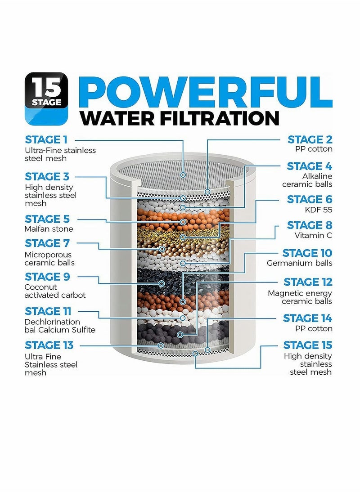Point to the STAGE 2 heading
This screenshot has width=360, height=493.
coord(310,139)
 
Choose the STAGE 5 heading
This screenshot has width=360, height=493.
coord(47,219)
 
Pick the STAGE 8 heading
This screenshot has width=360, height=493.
coord(310,225)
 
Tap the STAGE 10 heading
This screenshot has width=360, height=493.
coord(307,253)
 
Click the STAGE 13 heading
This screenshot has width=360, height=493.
coord(49,345)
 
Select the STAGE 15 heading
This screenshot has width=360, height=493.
coord(308,345)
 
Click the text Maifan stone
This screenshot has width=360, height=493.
coord(49,229)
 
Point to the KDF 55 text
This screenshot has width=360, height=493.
coord(319,209)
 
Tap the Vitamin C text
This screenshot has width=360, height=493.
coord(313,235)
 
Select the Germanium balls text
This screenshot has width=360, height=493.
coord(300,263)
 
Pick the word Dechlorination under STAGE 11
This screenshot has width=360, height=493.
coord(52,322)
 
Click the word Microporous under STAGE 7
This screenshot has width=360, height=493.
coord(48,255)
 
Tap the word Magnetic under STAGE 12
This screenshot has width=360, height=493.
coord(284,293)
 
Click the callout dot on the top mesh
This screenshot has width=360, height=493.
coord(183,174)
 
